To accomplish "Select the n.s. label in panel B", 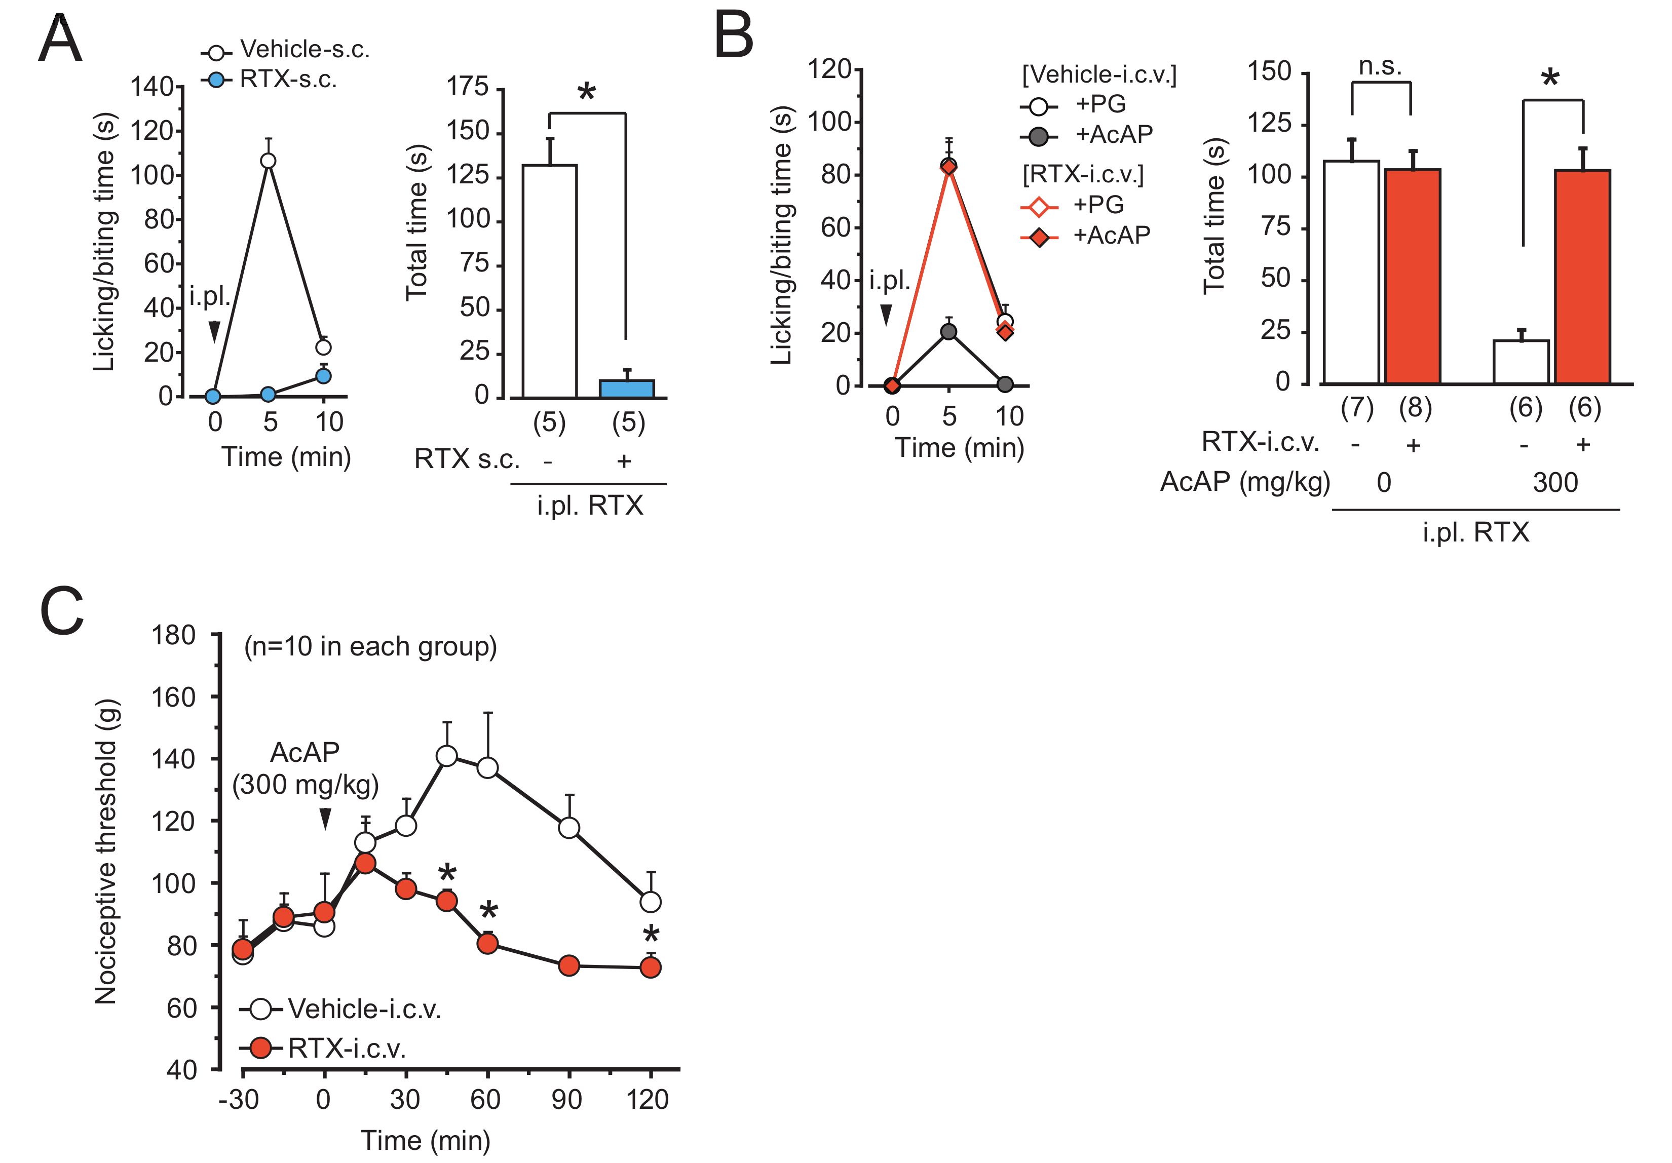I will (1380, 67).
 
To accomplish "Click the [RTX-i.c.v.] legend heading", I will (1083, 175).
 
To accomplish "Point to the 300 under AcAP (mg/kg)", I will (1555, 483).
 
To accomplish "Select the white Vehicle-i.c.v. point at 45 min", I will (446, 756).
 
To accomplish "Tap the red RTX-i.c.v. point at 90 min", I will (569, 965).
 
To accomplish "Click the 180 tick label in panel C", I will (173, 635).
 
